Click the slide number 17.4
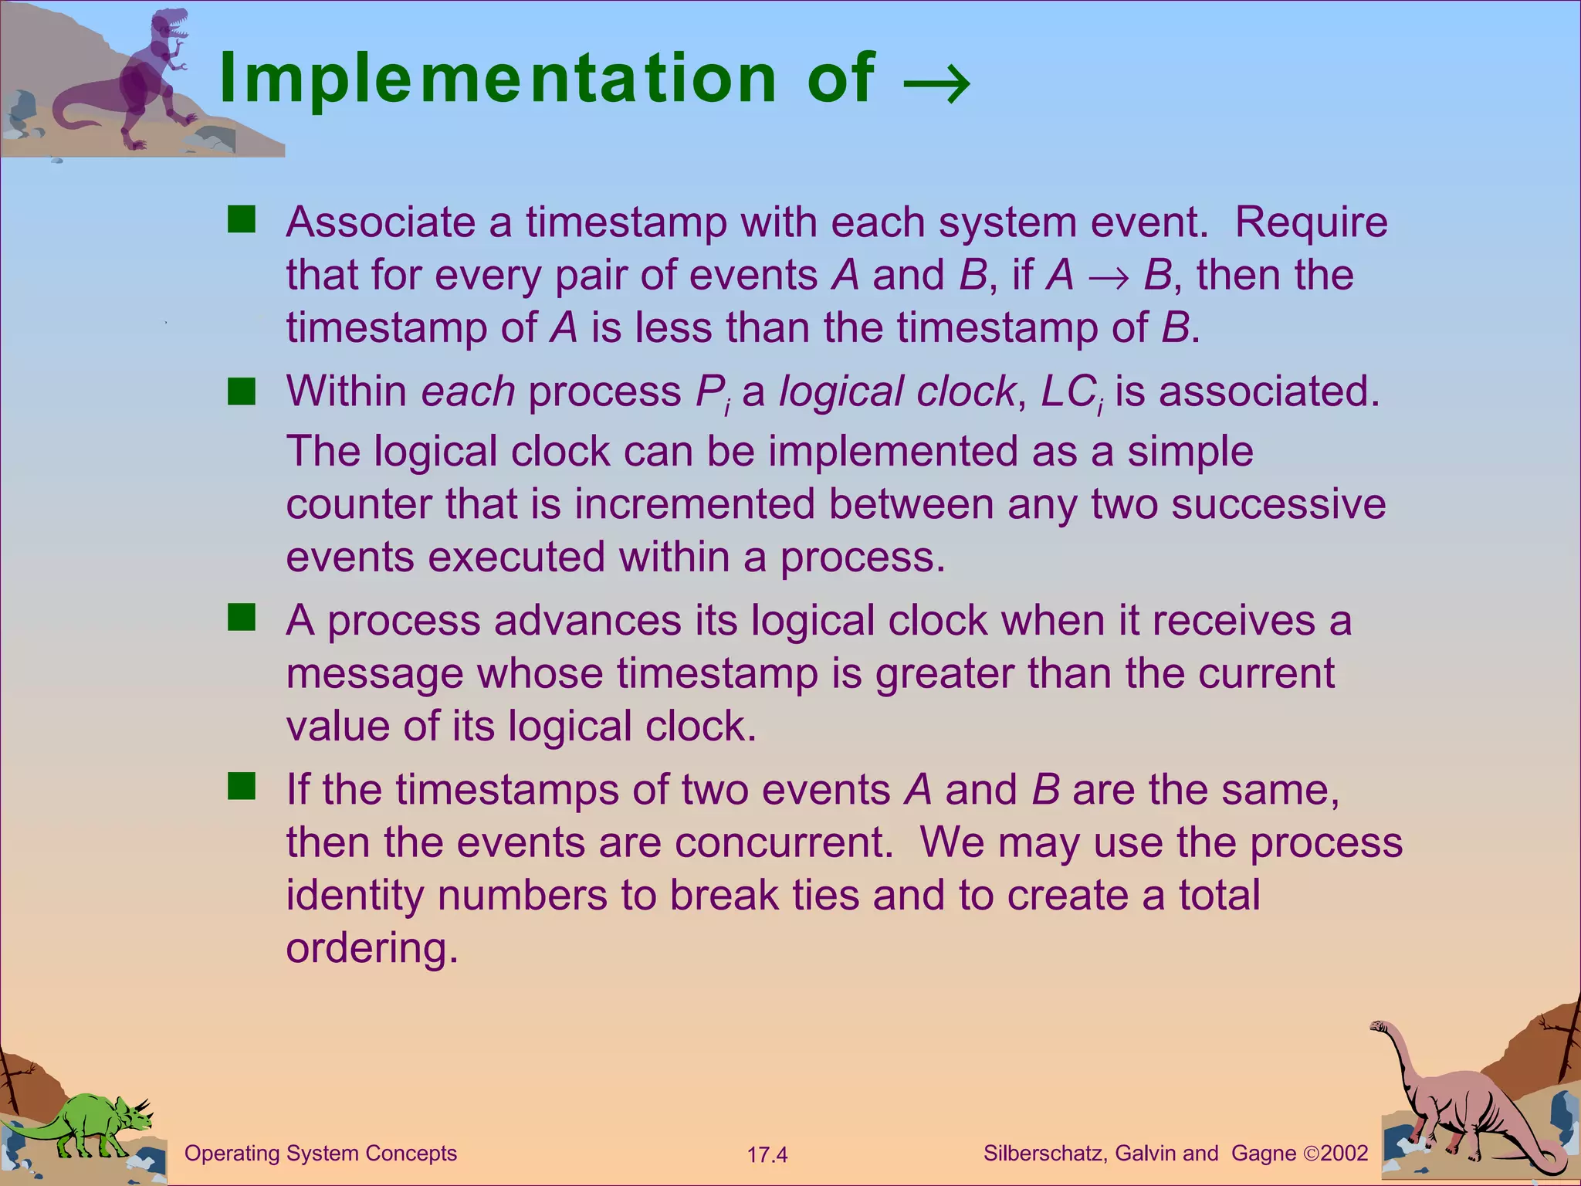coord(767,1155)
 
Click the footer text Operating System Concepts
coord(320,1154)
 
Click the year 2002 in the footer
coord(1344,1154)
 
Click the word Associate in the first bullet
coord(381,222)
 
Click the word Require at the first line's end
coord(1311,222)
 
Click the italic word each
coord(468,391)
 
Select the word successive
coord(1278,504)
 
